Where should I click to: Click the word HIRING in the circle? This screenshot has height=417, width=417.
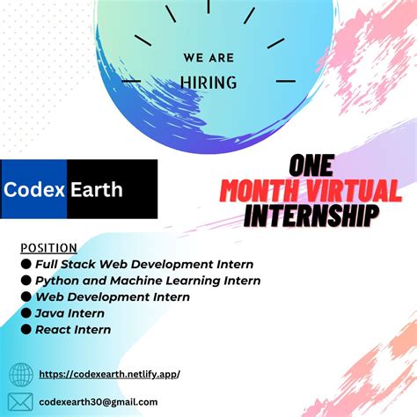pos(208,83)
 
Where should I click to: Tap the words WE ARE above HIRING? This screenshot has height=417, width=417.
pos(208,59)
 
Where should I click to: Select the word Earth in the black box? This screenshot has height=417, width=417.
pos(98,189)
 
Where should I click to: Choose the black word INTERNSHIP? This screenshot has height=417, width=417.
pos(312,214)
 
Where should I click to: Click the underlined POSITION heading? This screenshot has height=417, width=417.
pos(48,248)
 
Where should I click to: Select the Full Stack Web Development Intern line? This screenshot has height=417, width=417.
pos(143,264)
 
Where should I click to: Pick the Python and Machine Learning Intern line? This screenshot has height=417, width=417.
pos(147,281)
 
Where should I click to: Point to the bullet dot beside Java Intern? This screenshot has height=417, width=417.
pos(26,313)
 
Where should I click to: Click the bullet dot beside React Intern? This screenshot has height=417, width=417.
pos(26,329)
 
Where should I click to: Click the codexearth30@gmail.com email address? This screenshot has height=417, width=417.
pos(106,401)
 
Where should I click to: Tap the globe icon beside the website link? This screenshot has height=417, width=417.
pos(21,375)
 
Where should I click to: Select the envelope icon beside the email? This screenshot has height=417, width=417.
pos(21,401)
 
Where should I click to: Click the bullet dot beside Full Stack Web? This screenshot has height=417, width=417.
pos(26,264)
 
